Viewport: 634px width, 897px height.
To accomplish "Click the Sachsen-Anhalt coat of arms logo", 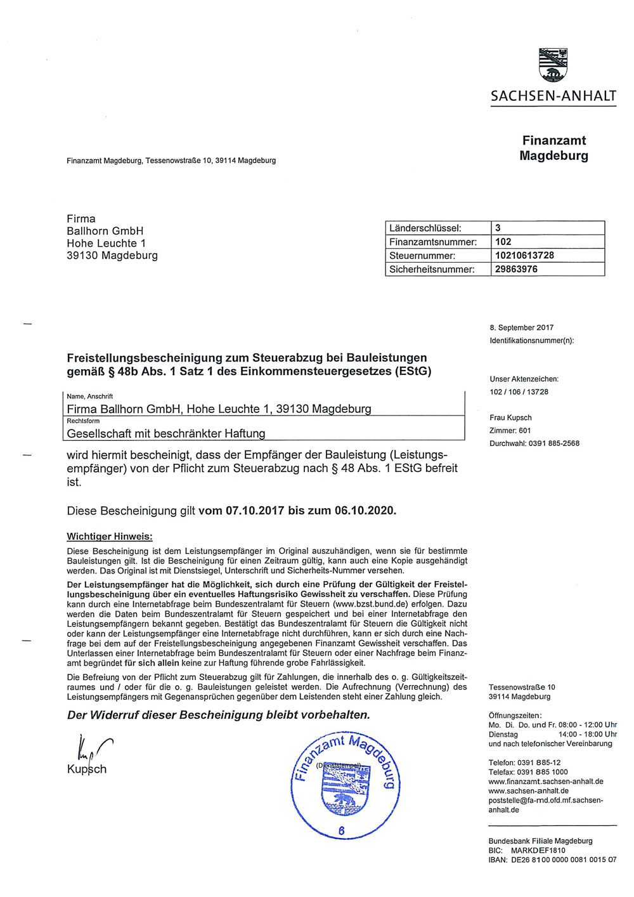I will (553, 65).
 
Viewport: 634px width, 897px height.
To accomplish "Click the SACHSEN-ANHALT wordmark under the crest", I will (553, 96).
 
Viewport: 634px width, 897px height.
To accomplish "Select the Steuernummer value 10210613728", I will (524, 255).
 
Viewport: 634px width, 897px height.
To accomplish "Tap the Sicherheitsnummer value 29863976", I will (516, 269).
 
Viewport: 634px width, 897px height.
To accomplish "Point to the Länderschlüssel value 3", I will (498, 228).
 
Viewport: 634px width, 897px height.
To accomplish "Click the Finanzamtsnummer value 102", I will (503, 242).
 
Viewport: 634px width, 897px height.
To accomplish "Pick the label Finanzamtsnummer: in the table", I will (432, 242).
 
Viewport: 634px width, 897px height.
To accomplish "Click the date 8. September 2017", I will (521, 328).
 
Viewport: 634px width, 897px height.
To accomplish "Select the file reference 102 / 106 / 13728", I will (519, 392).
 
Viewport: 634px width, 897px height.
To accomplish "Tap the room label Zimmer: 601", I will (510, 431).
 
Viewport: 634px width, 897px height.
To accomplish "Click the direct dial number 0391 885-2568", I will (553, 443).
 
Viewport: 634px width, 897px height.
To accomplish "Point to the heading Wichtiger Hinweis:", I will (110, 537).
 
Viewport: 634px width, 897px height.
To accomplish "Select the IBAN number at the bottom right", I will (564, 860).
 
